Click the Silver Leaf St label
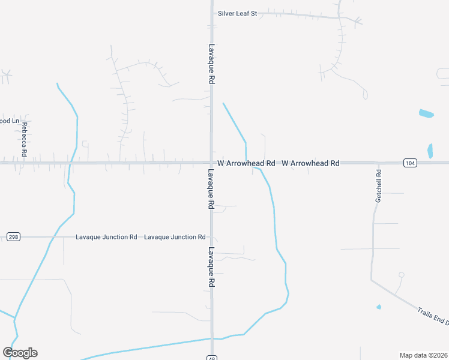(237, 13)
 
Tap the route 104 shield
(410, 163)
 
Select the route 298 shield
(13, 237)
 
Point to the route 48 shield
(212, 358)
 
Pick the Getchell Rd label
(379, 185)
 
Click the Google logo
(20, 352)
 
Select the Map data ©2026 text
(423, 355)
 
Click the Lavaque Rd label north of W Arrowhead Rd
(212, 63)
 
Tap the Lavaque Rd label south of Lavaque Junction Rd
(212, 268)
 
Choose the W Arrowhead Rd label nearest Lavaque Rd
(246, 163)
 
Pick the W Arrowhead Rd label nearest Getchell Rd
(310, 163)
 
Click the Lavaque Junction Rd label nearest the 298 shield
(106, 237)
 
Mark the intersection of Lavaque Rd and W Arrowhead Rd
(212, 163)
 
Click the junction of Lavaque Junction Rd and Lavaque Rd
(212, 237)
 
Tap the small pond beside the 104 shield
(430, 151)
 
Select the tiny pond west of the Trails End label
(379, 307)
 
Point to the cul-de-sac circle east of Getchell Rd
(401, 275)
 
